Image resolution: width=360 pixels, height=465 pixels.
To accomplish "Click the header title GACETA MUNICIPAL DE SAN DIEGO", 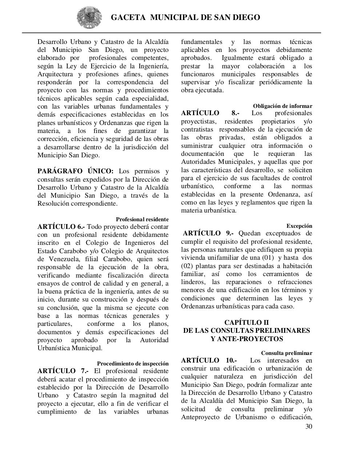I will (x=185, y=17).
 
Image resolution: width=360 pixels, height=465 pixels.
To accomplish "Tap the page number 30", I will (x=308, y=426).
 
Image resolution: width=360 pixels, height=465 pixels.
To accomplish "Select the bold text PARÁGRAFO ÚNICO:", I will (x=76, y=171).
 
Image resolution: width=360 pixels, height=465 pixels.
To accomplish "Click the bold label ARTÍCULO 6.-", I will (x=61, y=227).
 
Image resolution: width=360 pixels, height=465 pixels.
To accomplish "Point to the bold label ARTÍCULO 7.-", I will (x=63, y=371).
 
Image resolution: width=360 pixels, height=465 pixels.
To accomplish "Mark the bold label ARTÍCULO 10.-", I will (x=209, y=360).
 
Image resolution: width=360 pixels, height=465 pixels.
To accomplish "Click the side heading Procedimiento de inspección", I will (x=133, y=364).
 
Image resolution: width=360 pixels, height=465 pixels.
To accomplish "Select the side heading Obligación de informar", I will (x=283, y=106).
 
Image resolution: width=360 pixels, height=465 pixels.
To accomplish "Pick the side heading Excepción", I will (x=299, y=226).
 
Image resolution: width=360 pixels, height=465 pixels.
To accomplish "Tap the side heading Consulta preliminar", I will (x=287, y=353).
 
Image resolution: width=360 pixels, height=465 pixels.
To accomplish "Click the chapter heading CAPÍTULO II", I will (x=246, y=322).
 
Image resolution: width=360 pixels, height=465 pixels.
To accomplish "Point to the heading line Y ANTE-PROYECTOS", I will (x=247, y=339).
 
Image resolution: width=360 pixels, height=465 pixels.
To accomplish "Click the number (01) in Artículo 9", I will (x=269, y=258).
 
